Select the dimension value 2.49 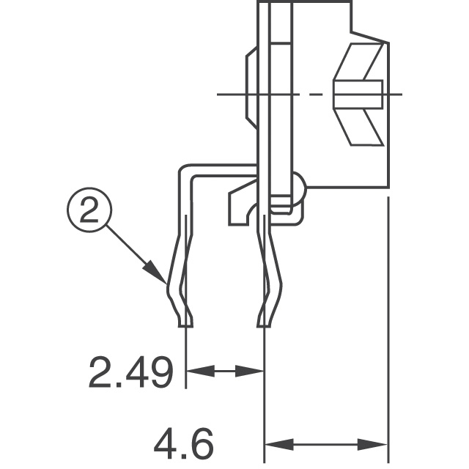click(130, 372)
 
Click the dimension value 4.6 click(183, 443)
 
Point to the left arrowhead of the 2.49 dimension click(195, 372)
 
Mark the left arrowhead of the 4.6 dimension click(273, 443)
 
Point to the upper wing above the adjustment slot click(363, 61)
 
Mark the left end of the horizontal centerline click(220, 94)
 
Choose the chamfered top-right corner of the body click(370, 37)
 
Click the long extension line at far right click(388, 330)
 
